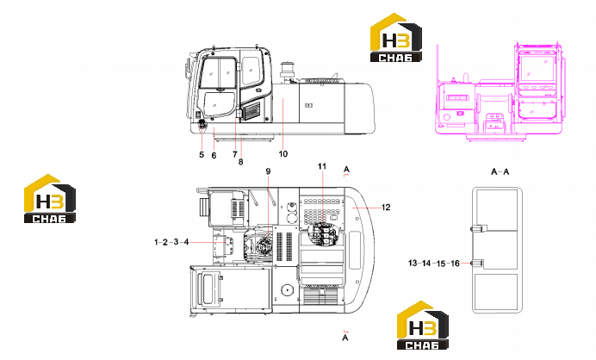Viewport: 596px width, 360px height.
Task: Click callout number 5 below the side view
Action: pos(202,154)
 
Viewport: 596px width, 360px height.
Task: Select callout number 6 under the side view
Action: pos(214,156)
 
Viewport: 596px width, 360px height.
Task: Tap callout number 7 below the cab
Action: pos(235,154)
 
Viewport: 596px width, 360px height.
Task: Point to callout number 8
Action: pos(240,162)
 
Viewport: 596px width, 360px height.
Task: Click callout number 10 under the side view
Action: pos(283,154)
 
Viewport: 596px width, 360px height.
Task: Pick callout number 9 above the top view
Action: pos(268,171)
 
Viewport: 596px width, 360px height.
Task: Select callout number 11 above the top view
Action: pos(322,166)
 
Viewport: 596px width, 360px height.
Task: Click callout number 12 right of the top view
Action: pos(386,208)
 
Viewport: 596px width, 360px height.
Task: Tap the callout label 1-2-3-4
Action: pos(171,242)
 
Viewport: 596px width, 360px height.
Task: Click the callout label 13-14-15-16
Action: pos(434,263)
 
